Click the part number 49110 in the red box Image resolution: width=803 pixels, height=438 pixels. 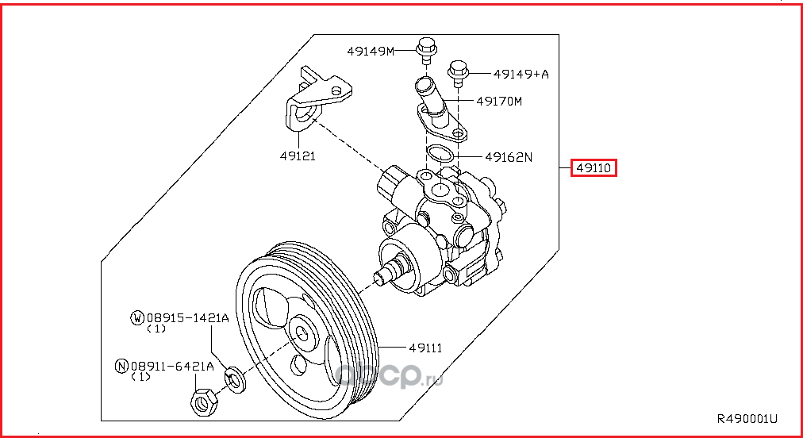(x=594, y=168)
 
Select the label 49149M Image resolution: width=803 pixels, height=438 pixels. (x=370, y=52)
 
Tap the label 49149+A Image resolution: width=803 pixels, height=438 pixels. (x=521, y=74)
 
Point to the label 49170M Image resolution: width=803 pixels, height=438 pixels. (x=499, y=102)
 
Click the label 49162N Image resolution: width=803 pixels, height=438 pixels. (x=508, y=157)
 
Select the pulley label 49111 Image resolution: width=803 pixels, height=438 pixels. (x=425, y=348)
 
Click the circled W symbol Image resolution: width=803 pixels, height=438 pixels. (x=137, y=318)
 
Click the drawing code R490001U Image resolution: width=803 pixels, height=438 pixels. (x=747, y=418)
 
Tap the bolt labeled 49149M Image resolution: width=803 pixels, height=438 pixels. (x=425, y=50)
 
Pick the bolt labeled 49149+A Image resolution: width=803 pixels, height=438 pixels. (x=458, y=72)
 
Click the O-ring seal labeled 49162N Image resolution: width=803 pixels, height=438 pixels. (x=440, y=154)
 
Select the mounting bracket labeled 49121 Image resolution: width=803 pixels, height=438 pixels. (x=313, y=103)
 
